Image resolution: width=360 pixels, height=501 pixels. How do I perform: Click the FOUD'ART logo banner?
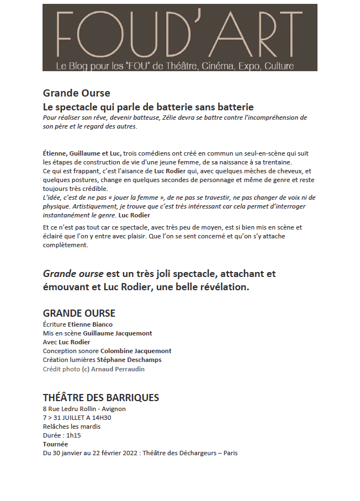(x=179, y=38)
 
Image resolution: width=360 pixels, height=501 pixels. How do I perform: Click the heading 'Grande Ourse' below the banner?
(x=76, y=93)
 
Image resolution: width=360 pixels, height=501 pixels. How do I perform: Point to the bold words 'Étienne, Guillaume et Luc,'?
(x=82, y=152)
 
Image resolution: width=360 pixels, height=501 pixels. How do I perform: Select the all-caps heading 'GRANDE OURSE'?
(x=79, y=313)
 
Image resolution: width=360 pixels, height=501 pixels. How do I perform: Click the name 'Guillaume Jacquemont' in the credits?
(x=118, y=333)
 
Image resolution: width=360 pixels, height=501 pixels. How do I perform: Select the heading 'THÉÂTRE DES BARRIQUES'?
(x=101, y=398)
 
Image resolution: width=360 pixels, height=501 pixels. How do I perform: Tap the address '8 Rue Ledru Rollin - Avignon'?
(x=84, y=409)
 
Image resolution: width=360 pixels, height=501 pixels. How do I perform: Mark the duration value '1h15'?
(x=73, y=435)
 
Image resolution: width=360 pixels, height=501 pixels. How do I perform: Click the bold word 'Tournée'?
(x=56, y=444)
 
